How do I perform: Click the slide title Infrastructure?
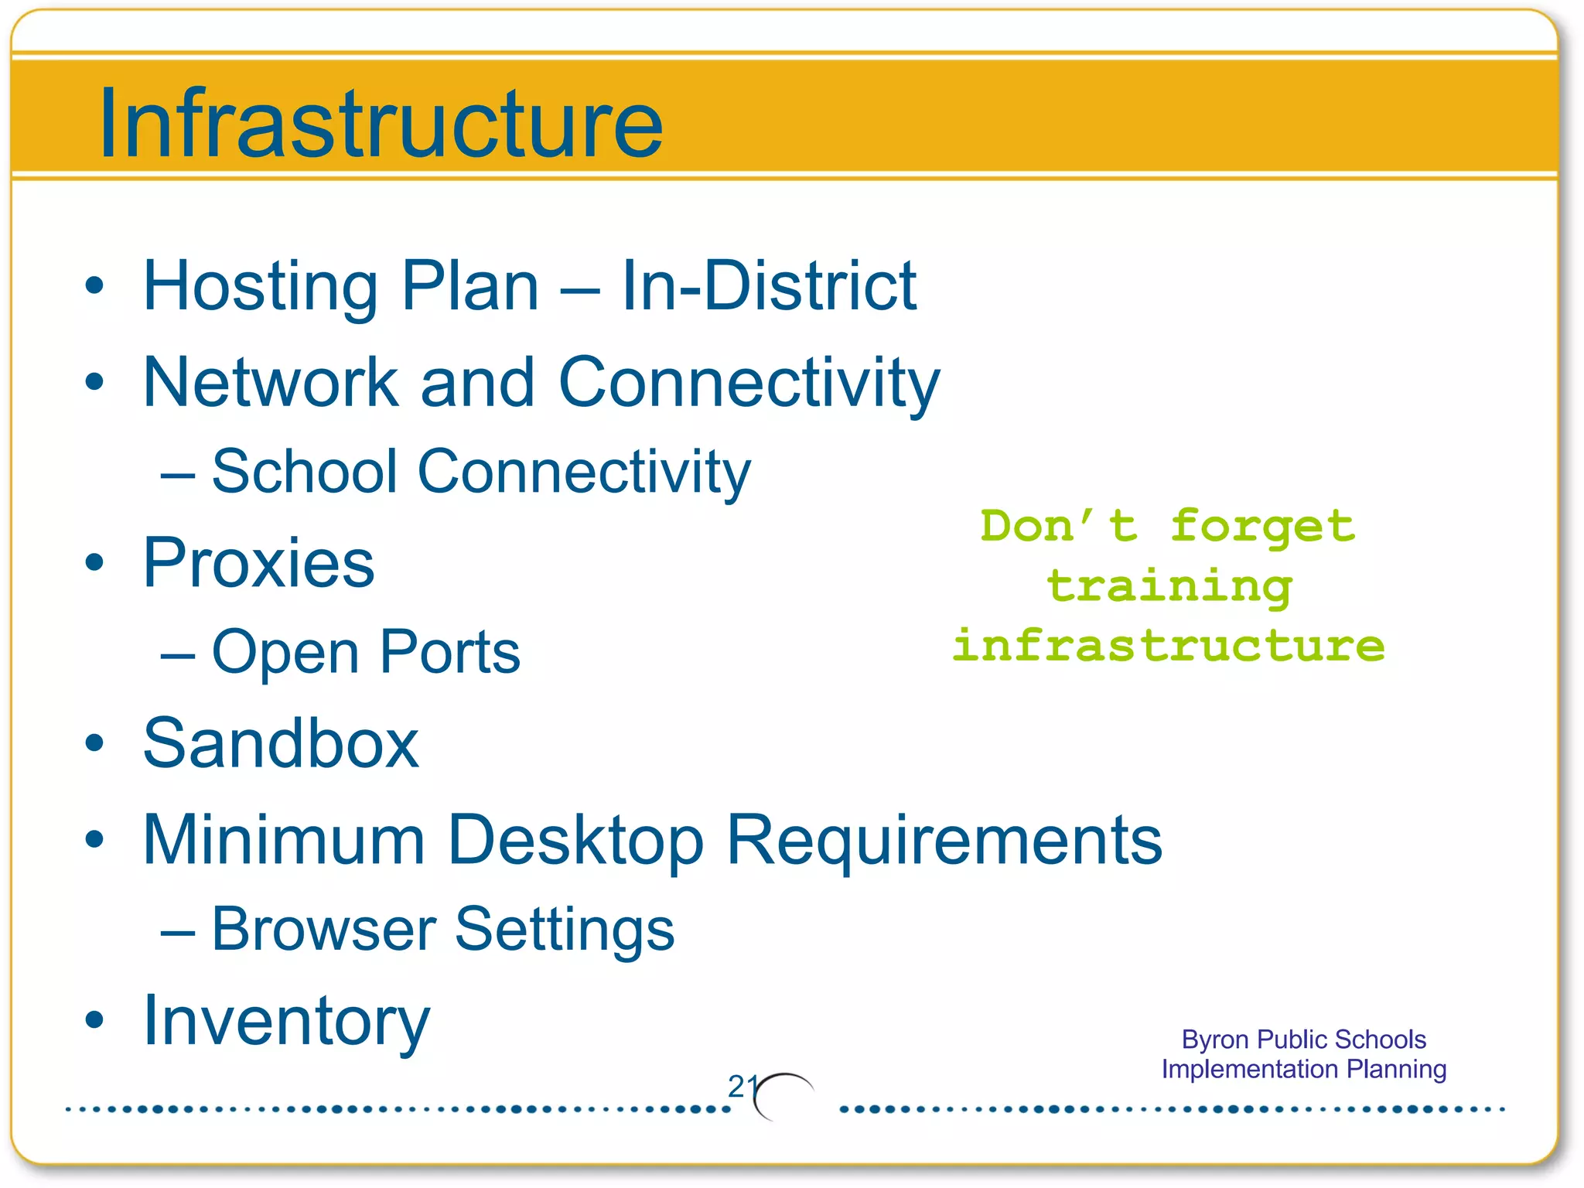pos(381,124)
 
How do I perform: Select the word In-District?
pos(769,286)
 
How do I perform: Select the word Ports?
pos(449,653)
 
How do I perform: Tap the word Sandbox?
pos(281,744)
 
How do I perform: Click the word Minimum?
pos(284,840)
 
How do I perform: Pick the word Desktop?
pos(575,841)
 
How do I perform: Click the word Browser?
pos(323,930)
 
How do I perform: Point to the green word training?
pos(1169,588)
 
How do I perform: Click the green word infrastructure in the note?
pos(1168,647)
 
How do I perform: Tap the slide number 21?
pos(742,1087)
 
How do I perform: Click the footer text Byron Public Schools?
pos(1303,1039)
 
